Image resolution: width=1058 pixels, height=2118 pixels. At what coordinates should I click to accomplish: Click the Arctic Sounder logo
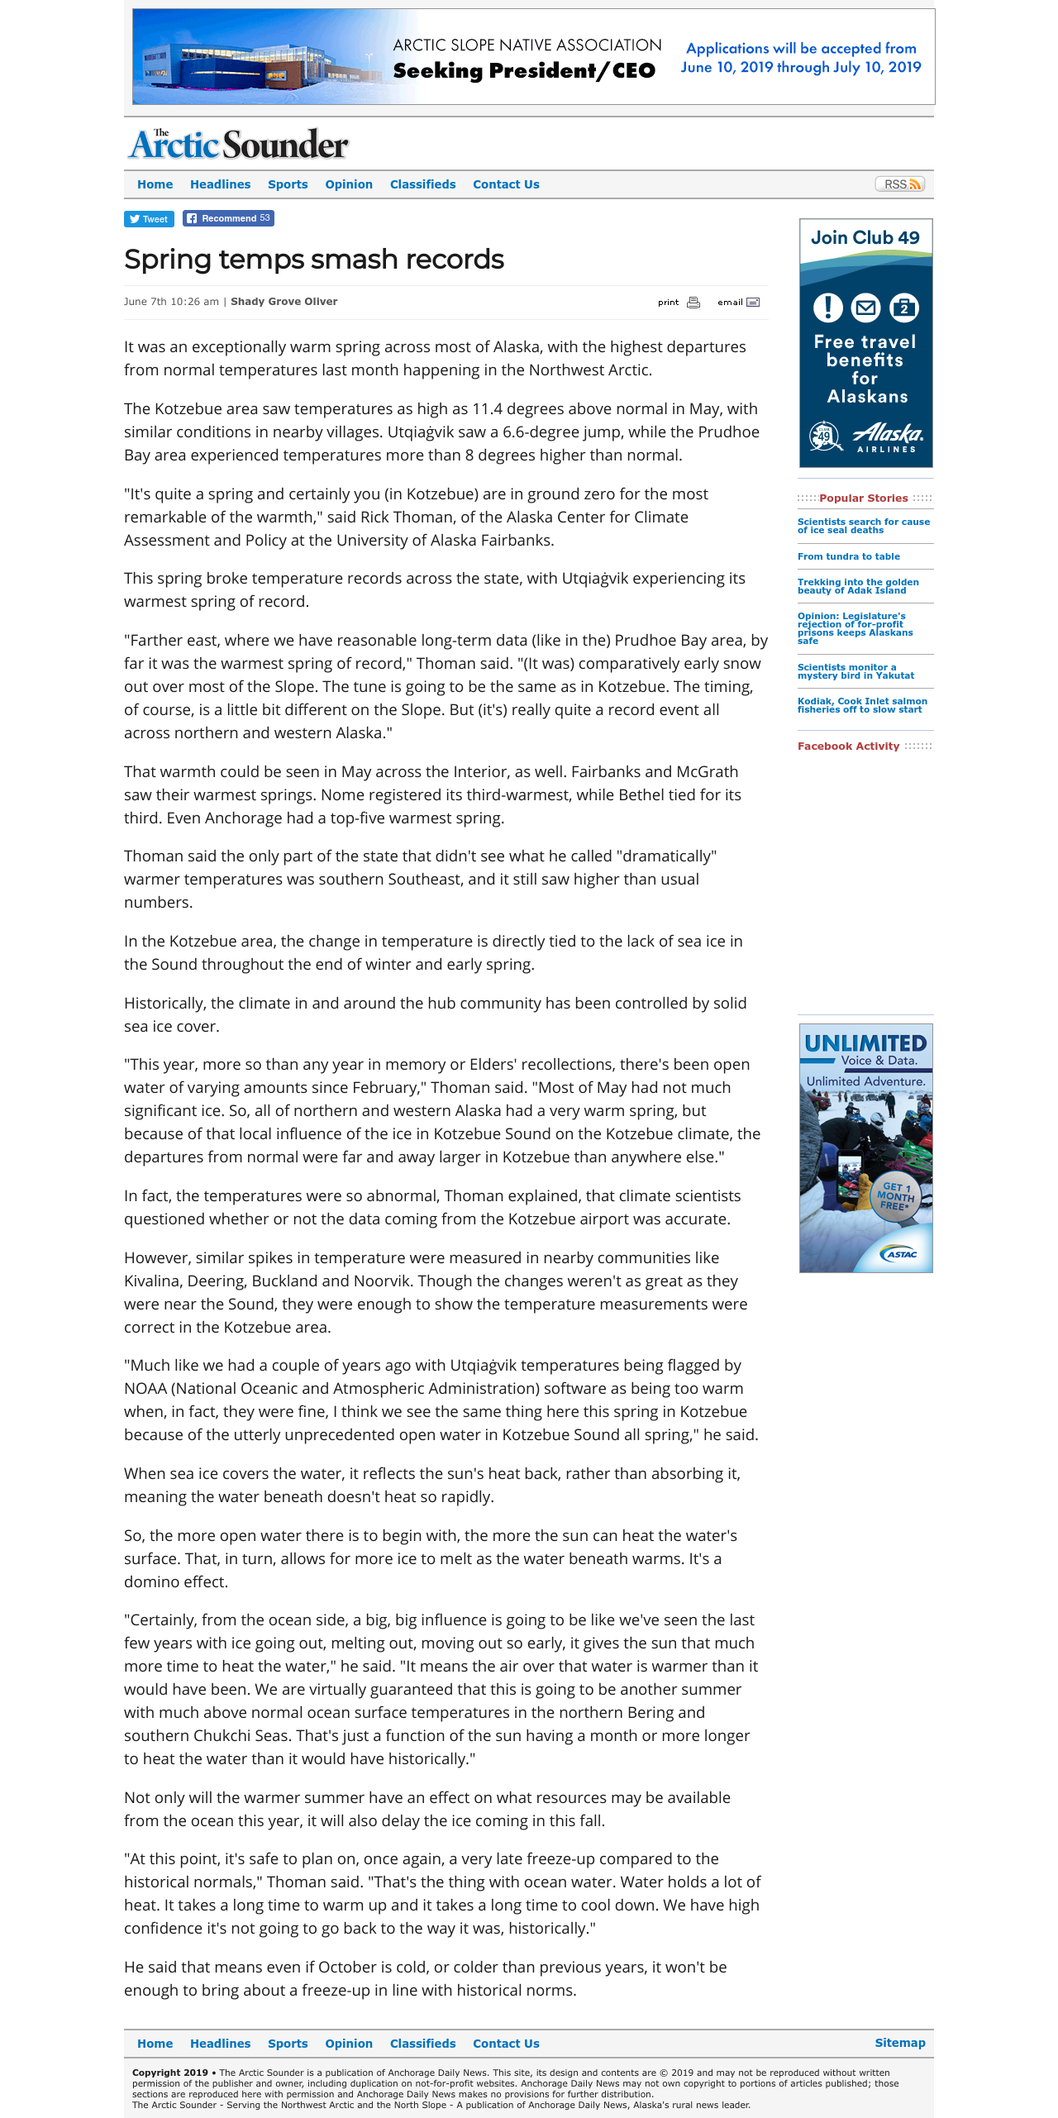239,144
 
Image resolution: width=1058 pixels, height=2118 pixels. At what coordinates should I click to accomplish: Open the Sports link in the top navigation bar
288,184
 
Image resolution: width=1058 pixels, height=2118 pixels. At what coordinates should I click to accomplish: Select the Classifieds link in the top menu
422,184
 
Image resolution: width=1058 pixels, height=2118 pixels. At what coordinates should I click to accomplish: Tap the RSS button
899,184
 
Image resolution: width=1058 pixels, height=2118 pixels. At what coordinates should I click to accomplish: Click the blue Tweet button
149,219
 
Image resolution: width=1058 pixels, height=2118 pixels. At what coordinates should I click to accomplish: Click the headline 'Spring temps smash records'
314,260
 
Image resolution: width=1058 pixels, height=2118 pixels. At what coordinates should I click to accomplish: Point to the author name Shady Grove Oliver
284,302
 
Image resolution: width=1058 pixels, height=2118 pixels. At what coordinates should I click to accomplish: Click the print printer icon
693,303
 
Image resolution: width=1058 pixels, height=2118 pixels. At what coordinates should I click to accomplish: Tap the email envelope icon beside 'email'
753,303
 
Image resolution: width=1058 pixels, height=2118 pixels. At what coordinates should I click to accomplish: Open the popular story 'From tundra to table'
849,556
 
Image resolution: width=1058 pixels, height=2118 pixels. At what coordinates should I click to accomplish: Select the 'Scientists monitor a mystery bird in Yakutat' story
855,671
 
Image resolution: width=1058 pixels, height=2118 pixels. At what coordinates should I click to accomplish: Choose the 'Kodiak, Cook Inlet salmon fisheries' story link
862,705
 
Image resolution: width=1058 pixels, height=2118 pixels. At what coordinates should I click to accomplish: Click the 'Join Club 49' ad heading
865,238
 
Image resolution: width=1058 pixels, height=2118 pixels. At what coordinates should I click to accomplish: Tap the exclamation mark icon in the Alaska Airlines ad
827,308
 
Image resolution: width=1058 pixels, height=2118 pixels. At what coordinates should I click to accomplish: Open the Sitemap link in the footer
900,2043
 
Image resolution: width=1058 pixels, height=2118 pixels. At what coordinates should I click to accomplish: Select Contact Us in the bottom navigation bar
506,2044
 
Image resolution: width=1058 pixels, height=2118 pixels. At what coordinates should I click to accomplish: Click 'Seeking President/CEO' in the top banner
524,71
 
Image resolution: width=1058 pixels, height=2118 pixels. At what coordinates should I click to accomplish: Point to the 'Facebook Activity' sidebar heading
848,747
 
